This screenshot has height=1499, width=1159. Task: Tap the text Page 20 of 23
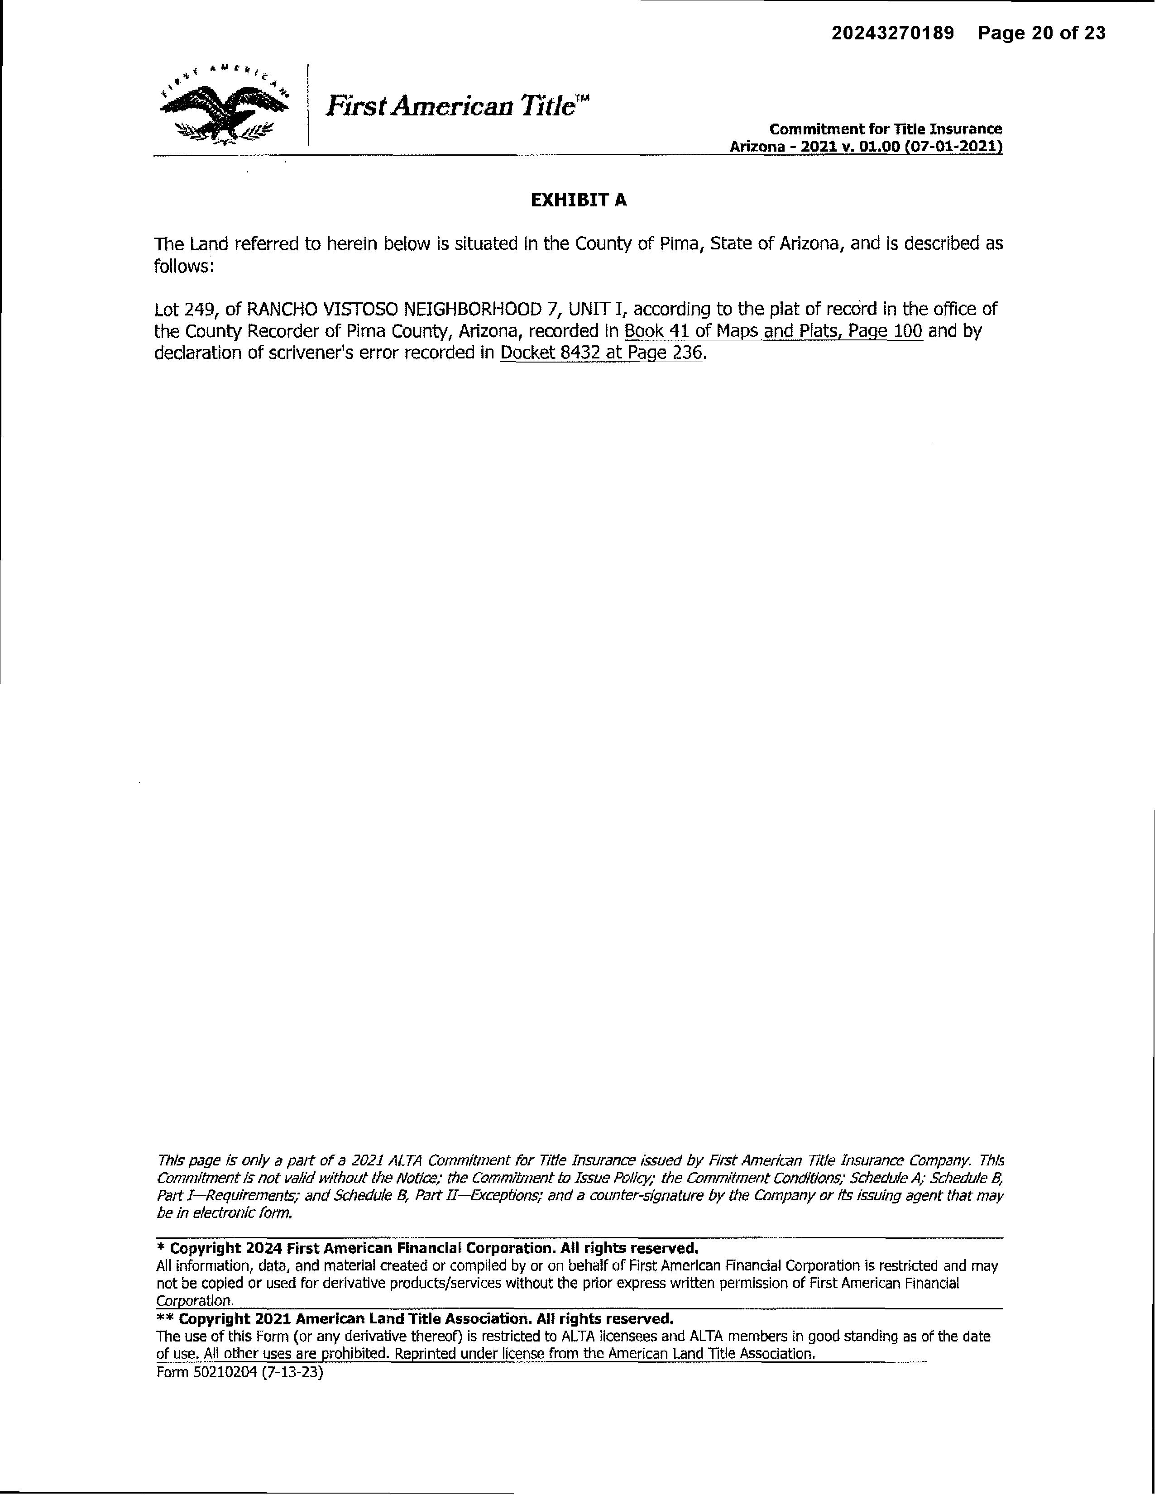(1042, 33)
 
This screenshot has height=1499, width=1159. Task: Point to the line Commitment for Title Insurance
(885, 129)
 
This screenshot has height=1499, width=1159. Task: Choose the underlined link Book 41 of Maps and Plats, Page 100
(773, 331)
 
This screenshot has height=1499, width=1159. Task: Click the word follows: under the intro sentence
(184, 266)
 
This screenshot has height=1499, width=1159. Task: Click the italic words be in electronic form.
(225, 1213)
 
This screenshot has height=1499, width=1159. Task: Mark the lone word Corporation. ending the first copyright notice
(196, 1301)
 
